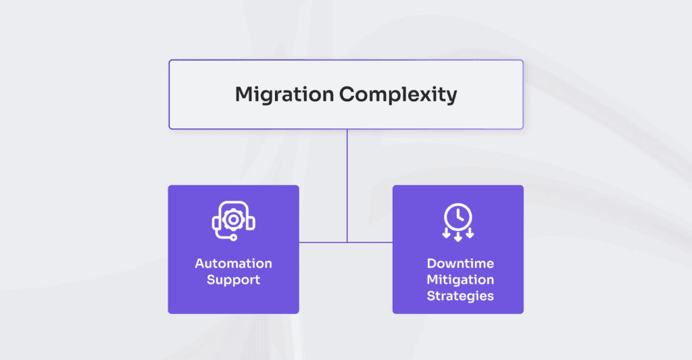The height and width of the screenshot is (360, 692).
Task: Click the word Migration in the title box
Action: [x=284, y=95]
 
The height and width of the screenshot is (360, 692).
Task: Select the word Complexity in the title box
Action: [x=398, y=95]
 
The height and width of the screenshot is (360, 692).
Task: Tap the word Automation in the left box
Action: [x=233, y=263]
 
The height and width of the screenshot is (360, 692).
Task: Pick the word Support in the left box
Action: [x=233, y=280]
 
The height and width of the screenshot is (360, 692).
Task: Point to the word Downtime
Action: [x=460, y=263]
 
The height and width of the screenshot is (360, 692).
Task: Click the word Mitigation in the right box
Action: [x=460, y=280]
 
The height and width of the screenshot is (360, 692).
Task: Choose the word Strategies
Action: [x=460, y=296]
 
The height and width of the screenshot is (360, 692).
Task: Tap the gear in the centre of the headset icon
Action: [x=234, y=220]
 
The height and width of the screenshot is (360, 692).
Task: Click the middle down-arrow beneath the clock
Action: [x=458, y=236]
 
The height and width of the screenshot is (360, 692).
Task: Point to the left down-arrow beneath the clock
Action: [x=446, y=234]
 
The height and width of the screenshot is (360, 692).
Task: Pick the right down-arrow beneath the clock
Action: [x=470, y=234]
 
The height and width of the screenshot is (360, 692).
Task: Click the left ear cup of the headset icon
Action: [x=217, y=222]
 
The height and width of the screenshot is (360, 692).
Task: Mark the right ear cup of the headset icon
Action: [x=251, y=222]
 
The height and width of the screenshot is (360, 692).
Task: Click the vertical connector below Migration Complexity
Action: [x=347, y=176]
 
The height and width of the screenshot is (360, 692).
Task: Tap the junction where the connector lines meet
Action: [x=347, y=242]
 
